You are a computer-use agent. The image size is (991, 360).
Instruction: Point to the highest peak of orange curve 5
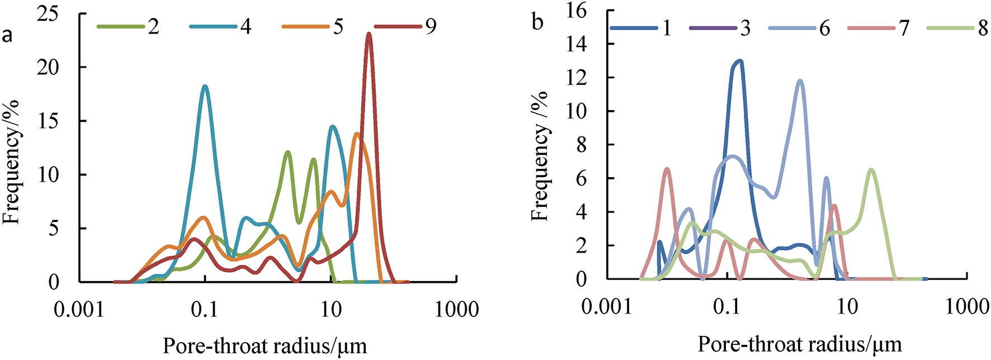tap(357, 134)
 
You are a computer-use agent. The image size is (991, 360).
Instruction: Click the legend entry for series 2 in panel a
tap(129, 26)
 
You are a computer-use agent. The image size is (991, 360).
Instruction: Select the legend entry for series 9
tap(406, 26)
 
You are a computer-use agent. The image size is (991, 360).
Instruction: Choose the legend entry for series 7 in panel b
tap(879, 27)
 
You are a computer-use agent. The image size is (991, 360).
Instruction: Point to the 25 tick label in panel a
tap(48, 14)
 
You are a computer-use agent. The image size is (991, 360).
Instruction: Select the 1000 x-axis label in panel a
tap(457, 309)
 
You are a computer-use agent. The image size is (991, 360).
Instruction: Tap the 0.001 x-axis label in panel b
tap(606, 306)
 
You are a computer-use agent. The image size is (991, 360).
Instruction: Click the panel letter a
tap(7, 35)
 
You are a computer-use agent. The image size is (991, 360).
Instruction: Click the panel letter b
tap(537, 22)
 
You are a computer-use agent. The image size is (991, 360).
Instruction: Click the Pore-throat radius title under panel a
tap(265, 346)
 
